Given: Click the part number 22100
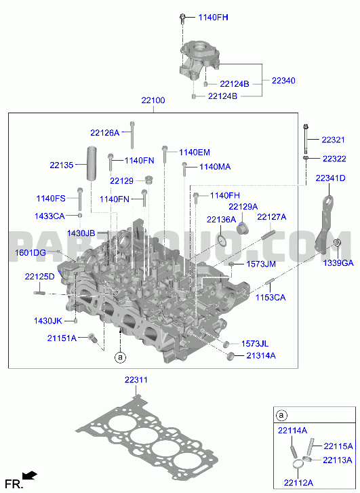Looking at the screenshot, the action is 153,100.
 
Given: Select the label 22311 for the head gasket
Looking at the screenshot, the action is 136,380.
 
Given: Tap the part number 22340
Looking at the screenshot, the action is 283,81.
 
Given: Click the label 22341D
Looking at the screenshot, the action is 330,178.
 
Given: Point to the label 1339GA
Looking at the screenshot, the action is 338,263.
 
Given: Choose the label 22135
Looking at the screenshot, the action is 62,165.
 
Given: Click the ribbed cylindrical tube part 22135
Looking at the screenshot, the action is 92,163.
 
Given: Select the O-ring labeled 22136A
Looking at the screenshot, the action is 222,241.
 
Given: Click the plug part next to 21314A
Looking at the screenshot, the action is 231,356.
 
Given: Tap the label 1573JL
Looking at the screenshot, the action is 255,344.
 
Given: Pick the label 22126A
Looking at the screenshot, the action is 105,133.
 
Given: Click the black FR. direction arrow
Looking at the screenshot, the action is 31,475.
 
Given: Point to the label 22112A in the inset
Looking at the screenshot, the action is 299,483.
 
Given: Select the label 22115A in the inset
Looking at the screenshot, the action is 338,446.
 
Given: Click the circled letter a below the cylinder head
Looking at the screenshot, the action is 120,357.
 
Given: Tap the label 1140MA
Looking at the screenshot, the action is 215,167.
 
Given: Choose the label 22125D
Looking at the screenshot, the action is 39,277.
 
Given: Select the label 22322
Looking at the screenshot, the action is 334,159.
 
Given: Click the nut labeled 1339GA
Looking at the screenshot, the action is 337,243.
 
